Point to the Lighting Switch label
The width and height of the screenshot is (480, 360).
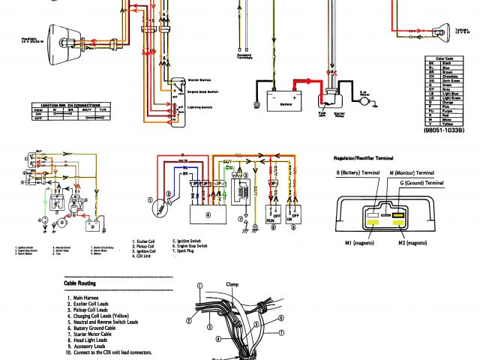click(x=199, y=108)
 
